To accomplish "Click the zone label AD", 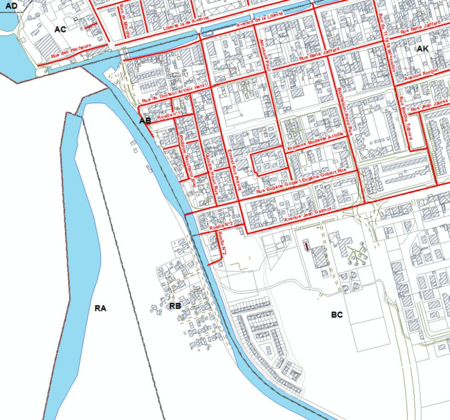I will point(11,6).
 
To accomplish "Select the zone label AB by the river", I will point(145,120).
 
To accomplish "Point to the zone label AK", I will point(423,50).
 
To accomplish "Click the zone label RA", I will point(101,308).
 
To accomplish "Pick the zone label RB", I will point(175,306).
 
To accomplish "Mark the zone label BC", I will point(337,315).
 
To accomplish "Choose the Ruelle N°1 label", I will point(172,115).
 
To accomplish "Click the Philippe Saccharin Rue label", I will point(184,155).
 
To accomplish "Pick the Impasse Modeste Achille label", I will point(315,141).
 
